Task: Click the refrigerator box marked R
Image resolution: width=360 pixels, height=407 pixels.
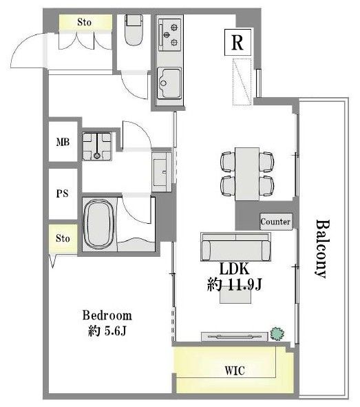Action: pos(237,42)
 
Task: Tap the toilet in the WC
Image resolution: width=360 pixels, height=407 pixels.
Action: pos(134,30)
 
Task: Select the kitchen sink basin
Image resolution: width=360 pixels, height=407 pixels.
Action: pos(169,83)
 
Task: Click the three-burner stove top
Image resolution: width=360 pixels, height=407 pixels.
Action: pos(169,34)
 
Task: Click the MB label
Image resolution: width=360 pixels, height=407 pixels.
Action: pos(63,142)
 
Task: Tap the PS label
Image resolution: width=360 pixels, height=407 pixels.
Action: pos(62,194)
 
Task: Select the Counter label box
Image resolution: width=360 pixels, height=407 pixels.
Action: pos(276,222)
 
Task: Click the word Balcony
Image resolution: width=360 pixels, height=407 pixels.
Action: pos(323,249)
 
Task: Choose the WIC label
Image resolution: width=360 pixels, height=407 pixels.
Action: pos(235,371)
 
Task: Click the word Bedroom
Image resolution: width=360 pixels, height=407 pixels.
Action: pos(107,315)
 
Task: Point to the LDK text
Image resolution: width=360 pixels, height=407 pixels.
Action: pos(234,269)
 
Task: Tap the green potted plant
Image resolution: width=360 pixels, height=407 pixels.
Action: pos(277,334)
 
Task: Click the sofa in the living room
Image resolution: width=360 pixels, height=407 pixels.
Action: pos(235,247)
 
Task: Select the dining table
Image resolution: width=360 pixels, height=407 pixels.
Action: pos(247,174)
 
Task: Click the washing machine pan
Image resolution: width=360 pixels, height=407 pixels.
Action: pos(97,146)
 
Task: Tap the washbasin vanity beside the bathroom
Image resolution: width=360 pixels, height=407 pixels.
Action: pos(161,172)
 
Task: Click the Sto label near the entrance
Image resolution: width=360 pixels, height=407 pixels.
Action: pos(84,22)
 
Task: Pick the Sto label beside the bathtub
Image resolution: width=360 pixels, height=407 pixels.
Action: pos(63,238)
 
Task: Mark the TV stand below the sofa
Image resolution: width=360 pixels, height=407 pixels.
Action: pos(235,336)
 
